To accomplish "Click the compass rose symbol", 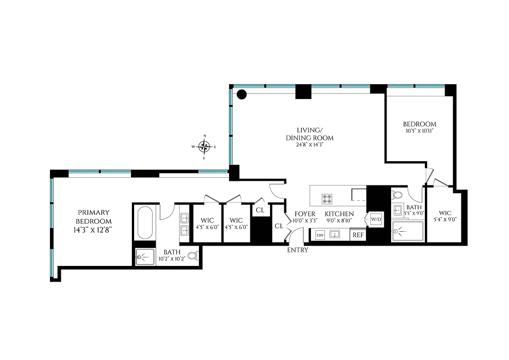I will click(x=205, y=146).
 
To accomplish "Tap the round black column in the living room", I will click(x=242, y=94).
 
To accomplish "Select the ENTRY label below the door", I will click(x=297, y=250).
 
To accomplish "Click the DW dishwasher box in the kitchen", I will click(x=320, y=235).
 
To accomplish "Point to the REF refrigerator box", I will click(x=358, y=235).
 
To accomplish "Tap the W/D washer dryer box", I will click(x=375, y=219).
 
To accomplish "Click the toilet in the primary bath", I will click(x=192, y=256).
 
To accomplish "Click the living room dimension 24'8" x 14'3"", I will click(x=310, y=145).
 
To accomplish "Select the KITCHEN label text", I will click(x=339, y=214).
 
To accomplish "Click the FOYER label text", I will click(x=305, y=214).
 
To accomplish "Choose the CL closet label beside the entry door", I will click(x=279, y=226).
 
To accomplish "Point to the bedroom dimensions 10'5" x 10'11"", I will click(x=419, y=131).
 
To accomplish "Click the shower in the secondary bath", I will click(x=407, y=232).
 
